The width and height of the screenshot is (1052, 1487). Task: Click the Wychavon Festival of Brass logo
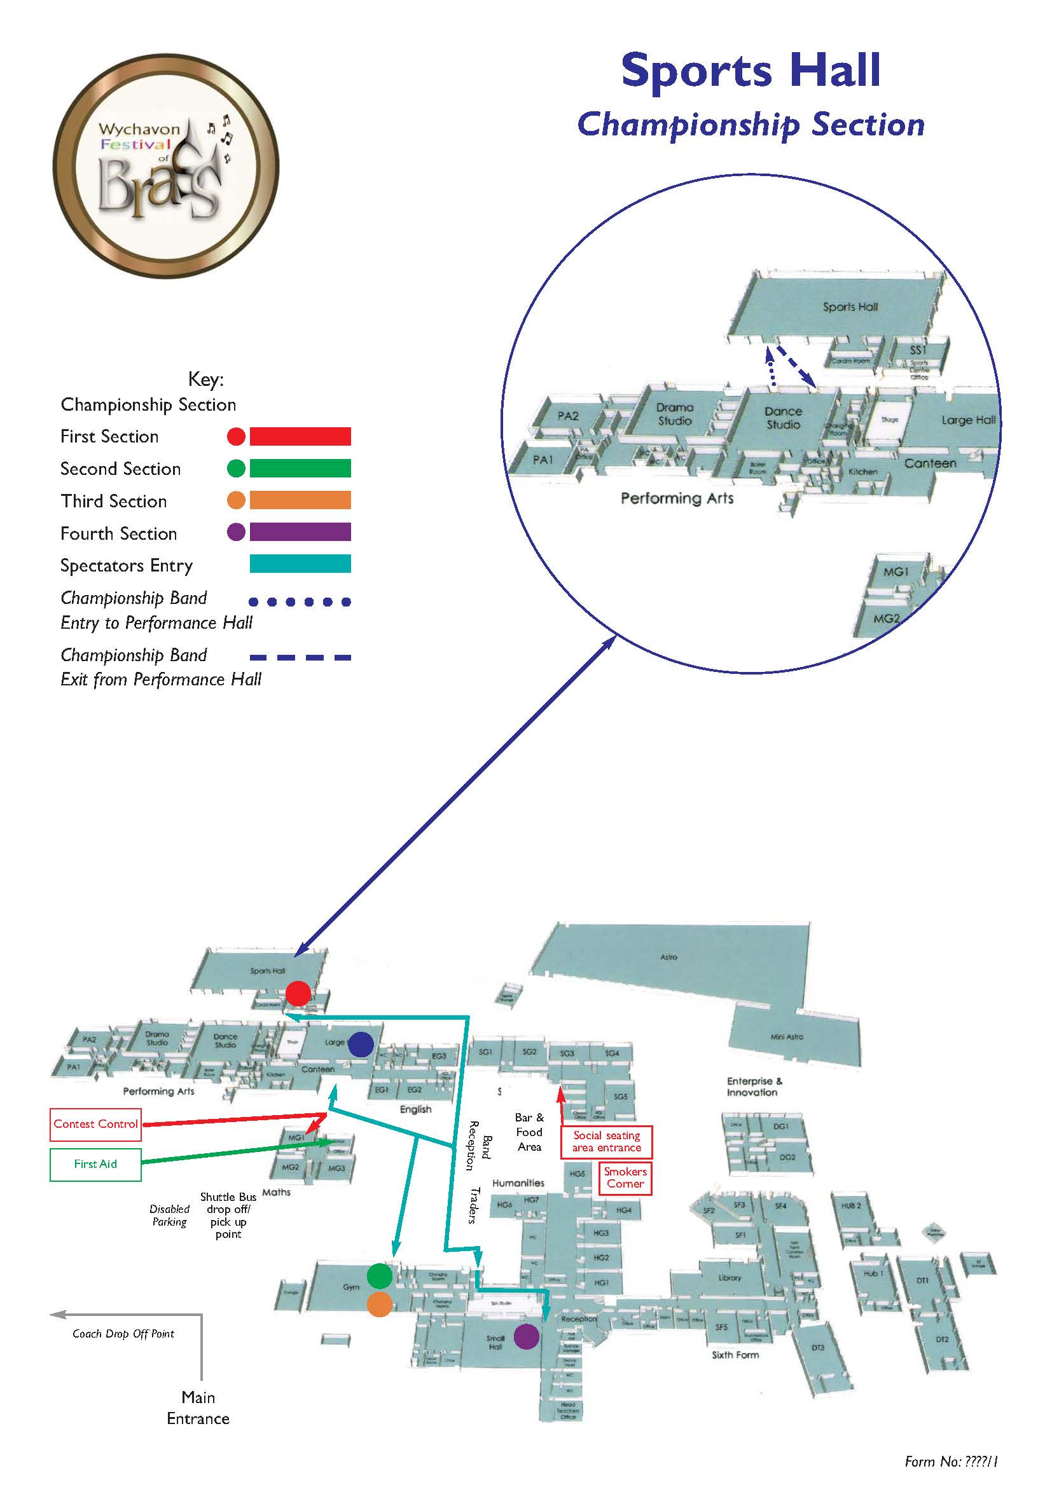point(166,167)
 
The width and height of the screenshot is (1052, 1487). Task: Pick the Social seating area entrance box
point(606,1142)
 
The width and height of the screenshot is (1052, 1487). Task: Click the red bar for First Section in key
point(300,437)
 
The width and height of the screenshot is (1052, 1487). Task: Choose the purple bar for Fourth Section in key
point(300,532)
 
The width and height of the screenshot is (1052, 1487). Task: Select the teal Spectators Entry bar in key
point(300,564)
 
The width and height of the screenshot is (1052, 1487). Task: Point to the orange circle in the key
point(237,500)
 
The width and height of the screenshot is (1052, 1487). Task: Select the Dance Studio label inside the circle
point(783,418)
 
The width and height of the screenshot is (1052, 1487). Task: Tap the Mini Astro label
point(786,1037)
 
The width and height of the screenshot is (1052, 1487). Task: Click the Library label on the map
point(730,1278)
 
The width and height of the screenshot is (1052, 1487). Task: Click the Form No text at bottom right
point(951,1462)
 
